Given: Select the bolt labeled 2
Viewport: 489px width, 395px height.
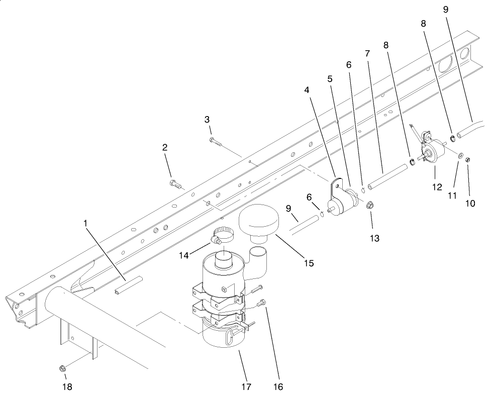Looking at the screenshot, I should coord(175,183).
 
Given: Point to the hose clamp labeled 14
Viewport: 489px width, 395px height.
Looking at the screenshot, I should coord(221,234).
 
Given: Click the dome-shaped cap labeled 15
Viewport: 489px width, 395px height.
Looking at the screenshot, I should coord(260,223).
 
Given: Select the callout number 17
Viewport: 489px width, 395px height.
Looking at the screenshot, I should coord(246,386).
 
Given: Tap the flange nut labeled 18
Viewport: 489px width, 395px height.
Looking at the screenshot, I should coord(62,369).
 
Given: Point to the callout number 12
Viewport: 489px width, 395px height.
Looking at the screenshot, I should coord(436,187).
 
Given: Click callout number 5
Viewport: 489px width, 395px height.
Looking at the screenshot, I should coord(330,79).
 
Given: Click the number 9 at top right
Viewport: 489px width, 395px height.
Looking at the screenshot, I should coord(446,9).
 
